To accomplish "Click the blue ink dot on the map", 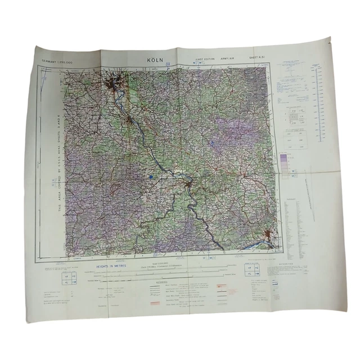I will click(151, 177).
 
